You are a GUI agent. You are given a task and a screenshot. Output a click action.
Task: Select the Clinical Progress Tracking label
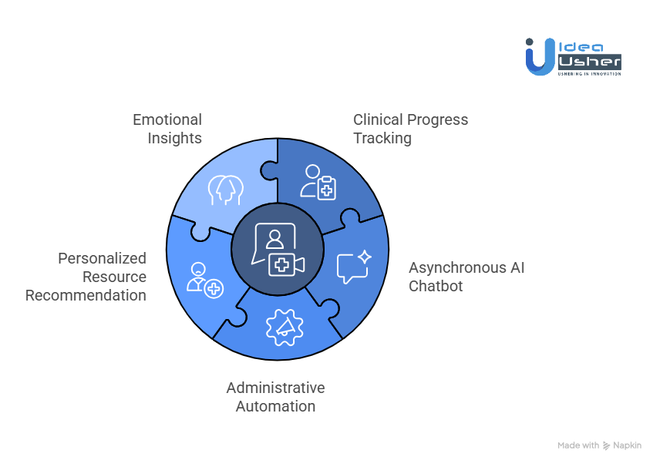click(410, 129)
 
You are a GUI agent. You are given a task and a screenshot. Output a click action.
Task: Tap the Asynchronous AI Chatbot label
click(466, 277)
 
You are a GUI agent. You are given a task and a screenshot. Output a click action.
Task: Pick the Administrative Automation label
click(275, 397)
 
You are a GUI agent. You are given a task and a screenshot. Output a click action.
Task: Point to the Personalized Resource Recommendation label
click(86, 277)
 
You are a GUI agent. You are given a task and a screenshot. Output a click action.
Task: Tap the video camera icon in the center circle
click(286, 265)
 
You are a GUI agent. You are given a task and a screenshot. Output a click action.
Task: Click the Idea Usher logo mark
click(540, 57)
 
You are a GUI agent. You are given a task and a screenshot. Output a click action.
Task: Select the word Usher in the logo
click(588, 61)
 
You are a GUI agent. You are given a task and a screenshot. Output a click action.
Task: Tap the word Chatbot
click(436, 286)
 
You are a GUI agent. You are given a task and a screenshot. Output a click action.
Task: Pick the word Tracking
click(382, 138)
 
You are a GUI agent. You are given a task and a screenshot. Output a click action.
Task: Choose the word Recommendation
click(86, 295)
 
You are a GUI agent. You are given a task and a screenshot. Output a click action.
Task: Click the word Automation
click(275, 406)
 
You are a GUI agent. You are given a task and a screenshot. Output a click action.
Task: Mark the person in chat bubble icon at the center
click(275, 237)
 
